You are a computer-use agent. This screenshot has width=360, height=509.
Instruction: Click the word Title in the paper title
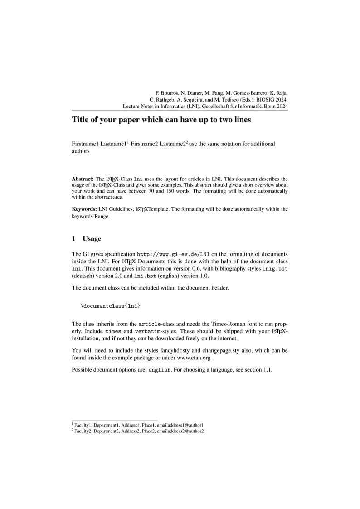point(81,120)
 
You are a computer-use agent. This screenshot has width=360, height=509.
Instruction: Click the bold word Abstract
point(82,179)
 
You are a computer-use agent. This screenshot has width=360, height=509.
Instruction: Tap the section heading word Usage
point(92,238)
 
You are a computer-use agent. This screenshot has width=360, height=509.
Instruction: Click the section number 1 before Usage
point(74,238)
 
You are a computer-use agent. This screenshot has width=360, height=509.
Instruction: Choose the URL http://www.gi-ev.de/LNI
point(173,254)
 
